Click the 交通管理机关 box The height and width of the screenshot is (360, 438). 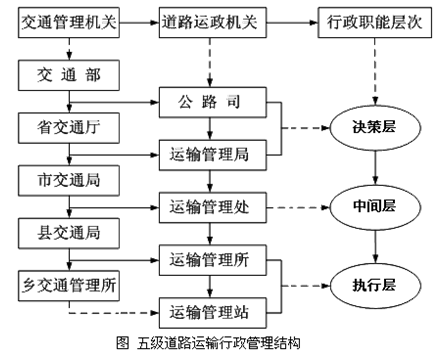[68, 21]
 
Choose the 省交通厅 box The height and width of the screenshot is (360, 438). [67, 127]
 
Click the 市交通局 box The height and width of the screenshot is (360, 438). [67, 181]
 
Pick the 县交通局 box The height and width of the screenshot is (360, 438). [67, 234]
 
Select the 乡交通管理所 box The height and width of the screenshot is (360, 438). [68, 284]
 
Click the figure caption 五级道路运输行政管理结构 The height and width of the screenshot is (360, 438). [218, 345]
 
